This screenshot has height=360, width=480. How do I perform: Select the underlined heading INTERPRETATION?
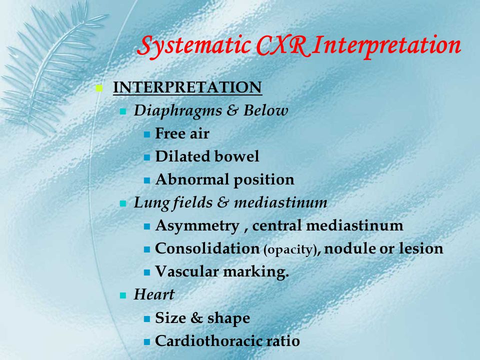point(187,87)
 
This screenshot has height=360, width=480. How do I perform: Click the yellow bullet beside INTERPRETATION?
point(99,88)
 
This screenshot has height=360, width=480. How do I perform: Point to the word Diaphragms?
point(177,111)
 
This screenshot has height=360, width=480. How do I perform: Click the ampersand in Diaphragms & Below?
point(232,110)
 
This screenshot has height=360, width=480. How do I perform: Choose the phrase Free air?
point(182,133)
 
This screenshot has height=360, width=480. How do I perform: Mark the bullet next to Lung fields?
point(123,203)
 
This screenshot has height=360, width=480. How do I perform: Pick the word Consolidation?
point(207,248)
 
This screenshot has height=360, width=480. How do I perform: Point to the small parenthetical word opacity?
point(290,250)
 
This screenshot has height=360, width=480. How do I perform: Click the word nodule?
point(350,248)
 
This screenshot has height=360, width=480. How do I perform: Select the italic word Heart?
point(154,294)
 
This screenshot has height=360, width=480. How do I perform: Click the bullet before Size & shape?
point(147,319)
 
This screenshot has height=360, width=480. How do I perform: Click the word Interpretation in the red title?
point(386,46)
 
